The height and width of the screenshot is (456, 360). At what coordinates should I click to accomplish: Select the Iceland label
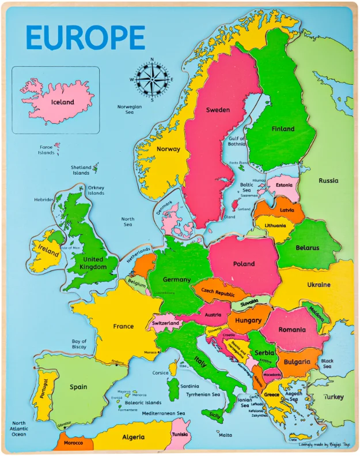click(x=63, y=102)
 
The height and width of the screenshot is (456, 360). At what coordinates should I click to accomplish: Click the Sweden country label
click(x=218, y=110)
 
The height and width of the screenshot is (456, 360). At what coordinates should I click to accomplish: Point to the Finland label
click(x=283, y=129)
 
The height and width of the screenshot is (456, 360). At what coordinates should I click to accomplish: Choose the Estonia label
click(x=284, y=185)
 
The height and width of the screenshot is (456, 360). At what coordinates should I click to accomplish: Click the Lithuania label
click(x=275, y=225)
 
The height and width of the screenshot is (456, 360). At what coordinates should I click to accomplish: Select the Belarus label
click(x=307, y=248)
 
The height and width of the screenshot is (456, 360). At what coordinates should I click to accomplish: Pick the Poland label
click(x=244, y=264)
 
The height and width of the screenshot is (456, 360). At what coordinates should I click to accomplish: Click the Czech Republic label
click(x=218, y=292)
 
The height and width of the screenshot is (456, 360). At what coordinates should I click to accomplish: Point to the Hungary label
click(x=248, y=320)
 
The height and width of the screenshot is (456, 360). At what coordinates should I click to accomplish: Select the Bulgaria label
click(x=297, y=362)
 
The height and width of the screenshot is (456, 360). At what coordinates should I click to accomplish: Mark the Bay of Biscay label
click(x=79, y=344)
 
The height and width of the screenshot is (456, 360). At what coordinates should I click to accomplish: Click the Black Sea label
click(x=327, y=364)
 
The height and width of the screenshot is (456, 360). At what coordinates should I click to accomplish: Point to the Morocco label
click(x=73, y=443)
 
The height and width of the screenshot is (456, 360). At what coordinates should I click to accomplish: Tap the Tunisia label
click(x=180, y=434)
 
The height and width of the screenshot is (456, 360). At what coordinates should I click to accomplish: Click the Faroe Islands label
click(x=47, y=150)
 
